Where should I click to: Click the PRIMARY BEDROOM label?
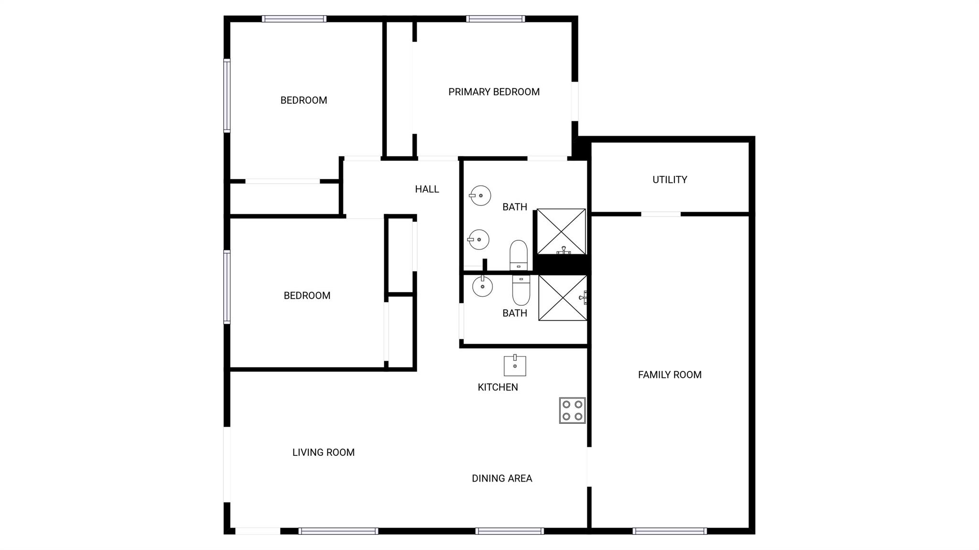pyautogui.click(x=494, y=92)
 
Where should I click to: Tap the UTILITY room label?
pyautogui.click(x=670, y=180)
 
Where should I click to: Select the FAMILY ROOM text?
pyautogui.click(x=670, y=375)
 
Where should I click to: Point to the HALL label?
pyautogui.click(x=427, y=189)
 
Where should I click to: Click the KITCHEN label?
pyautogui.click(x=498, y=387)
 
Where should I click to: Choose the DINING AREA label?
pyautogui.click(x=502, y=478)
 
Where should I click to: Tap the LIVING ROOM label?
pyautogui.click(x=324, y=453)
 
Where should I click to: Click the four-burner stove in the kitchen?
pyautogui.click(x=572, y=410)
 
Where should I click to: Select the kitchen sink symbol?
pyautogui.click(x=515, y=366)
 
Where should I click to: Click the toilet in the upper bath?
pyautogui.click(x=519, y=255)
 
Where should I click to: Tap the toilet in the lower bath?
pyautogui.click(x=521, y=290)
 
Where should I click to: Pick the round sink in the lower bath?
pyautogui.click(x=482, y=286)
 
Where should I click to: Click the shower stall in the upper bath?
pyautogui.click(x=561, y=232)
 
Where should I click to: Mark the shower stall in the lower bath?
pyautogui.click(x=563, y=298)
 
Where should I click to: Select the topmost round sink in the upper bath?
pyautogui.click(x=480, y=195)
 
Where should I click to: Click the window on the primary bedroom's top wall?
pyautogui.click(x=496, y=19)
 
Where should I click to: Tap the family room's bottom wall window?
pyautogui.click(x=670, y=531)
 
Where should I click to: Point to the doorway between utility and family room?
pyautogui.click(x=661, y=214)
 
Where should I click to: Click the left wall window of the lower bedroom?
pyautogui.click(x=227, y=287)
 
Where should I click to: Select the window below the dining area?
pyautogui.click(x=510, y=531)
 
